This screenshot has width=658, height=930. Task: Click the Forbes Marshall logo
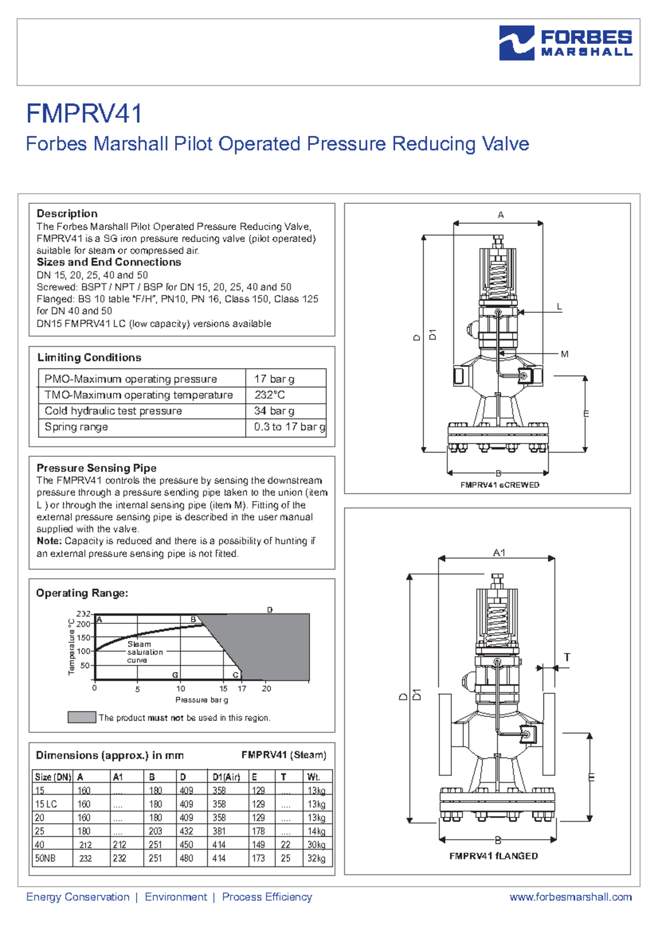pos(565,43)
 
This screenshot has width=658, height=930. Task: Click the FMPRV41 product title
pos(84,114)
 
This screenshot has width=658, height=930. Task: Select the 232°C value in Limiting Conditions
pos(269,395)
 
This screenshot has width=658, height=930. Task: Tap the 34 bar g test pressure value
pos(274,411)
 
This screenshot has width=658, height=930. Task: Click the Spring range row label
pos(76,427)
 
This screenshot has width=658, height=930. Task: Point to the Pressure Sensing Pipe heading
pos(97,468)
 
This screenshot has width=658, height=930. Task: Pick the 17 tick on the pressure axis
pos(242,688)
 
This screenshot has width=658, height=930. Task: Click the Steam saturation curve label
pos(144,652)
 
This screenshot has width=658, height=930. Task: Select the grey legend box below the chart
pos(82,717)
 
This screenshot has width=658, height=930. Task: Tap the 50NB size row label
pos(46,858)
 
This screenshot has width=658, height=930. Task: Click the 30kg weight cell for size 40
pos(316,845)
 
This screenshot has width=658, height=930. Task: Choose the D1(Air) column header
pos(226,777)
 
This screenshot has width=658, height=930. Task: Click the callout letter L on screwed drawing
pos(559,307)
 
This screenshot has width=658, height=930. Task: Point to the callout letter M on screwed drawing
pos(564,354)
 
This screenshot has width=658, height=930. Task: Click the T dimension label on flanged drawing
pos(567,657)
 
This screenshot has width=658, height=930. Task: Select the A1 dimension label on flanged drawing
pos(499,553)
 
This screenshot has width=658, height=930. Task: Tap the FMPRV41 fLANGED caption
pos(493,856)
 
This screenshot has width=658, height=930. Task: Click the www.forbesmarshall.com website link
pos(570,897)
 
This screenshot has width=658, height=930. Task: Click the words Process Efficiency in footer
pos(266,897)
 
